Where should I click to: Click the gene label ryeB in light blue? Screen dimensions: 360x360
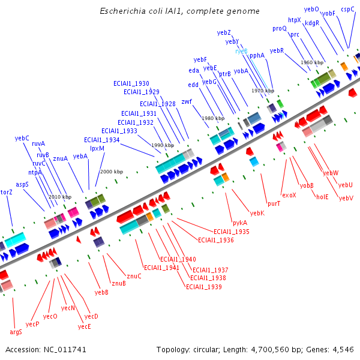coord(241,52)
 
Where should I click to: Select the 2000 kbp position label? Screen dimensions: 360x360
coord(111,172)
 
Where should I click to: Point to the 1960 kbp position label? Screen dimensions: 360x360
coord(312,62)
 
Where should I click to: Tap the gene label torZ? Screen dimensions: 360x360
coord(6,192)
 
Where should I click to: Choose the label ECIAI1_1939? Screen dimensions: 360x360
coord(204,287)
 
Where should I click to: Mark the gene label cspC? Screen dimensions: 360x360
coord(347,9)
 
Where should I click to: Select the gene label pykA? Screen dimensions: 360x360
coord(240,223)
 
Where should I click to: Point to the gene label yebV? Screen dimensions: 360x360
coord(346,198)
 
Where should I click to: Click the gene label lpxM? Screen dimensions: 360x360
coord(97,148)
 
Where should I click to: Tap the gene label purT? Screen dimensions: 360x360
coord(274,203)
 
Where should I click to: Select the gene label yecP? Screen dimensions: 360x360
coord(33,324)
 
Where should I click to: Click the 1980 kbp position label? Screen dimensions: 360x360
coord(213,118)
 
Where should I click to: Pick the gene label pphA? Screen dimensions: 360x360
coord(257,55)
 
